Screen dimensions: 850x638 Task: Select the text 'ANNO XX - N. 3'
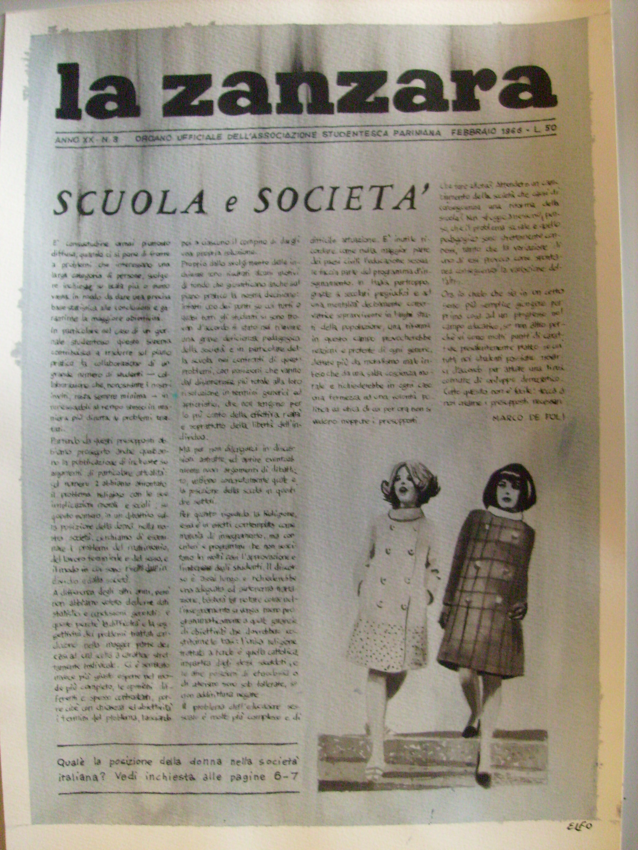(87, 140)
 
